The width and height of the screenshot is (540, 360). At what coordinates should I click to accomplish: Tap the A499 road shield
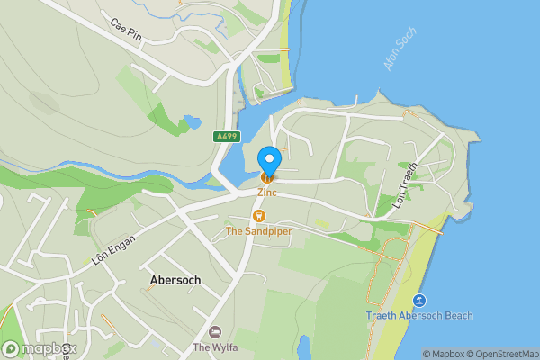(226, 137)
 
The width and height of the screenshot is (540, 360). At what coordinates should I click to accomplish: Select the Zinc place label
(268, 192)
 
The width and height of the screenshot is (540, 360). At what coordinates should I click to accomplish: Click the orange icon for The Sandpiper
(259, 216)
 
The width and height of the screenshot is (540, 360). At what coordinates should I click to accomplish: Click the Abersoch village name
(175, 280)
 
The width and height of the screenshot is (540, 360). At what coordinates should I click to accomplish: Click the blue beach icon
(418, 301)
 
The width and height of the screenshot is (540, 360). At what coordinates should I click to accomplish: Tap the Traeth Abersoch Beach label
(419, 316)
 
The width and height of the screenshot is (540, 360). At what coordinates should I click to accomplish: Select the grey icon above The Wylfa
(215, 332)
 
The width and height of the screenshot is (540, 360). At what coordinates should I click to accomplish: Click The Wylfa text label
(214, 346)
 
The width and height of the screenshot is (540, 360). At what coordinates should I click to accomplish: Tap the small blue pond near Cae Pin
(191, 121)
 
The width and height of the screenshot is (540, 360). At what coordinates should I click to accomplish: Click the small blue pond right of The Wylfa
(303, 346)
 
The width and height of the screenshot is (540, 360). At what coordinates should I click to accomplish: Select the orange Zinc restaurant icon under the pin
(267, 176)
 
